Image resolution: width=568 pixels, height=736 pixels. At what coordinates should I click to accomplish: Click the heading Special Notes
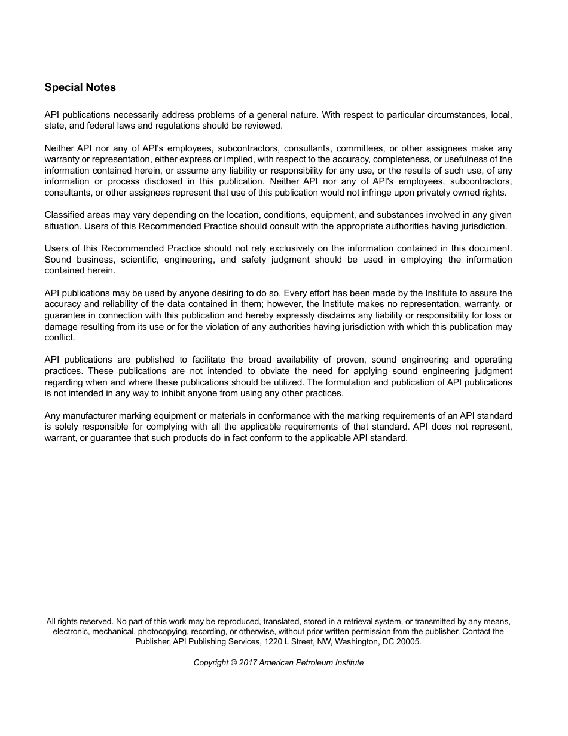coord(80,87)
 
